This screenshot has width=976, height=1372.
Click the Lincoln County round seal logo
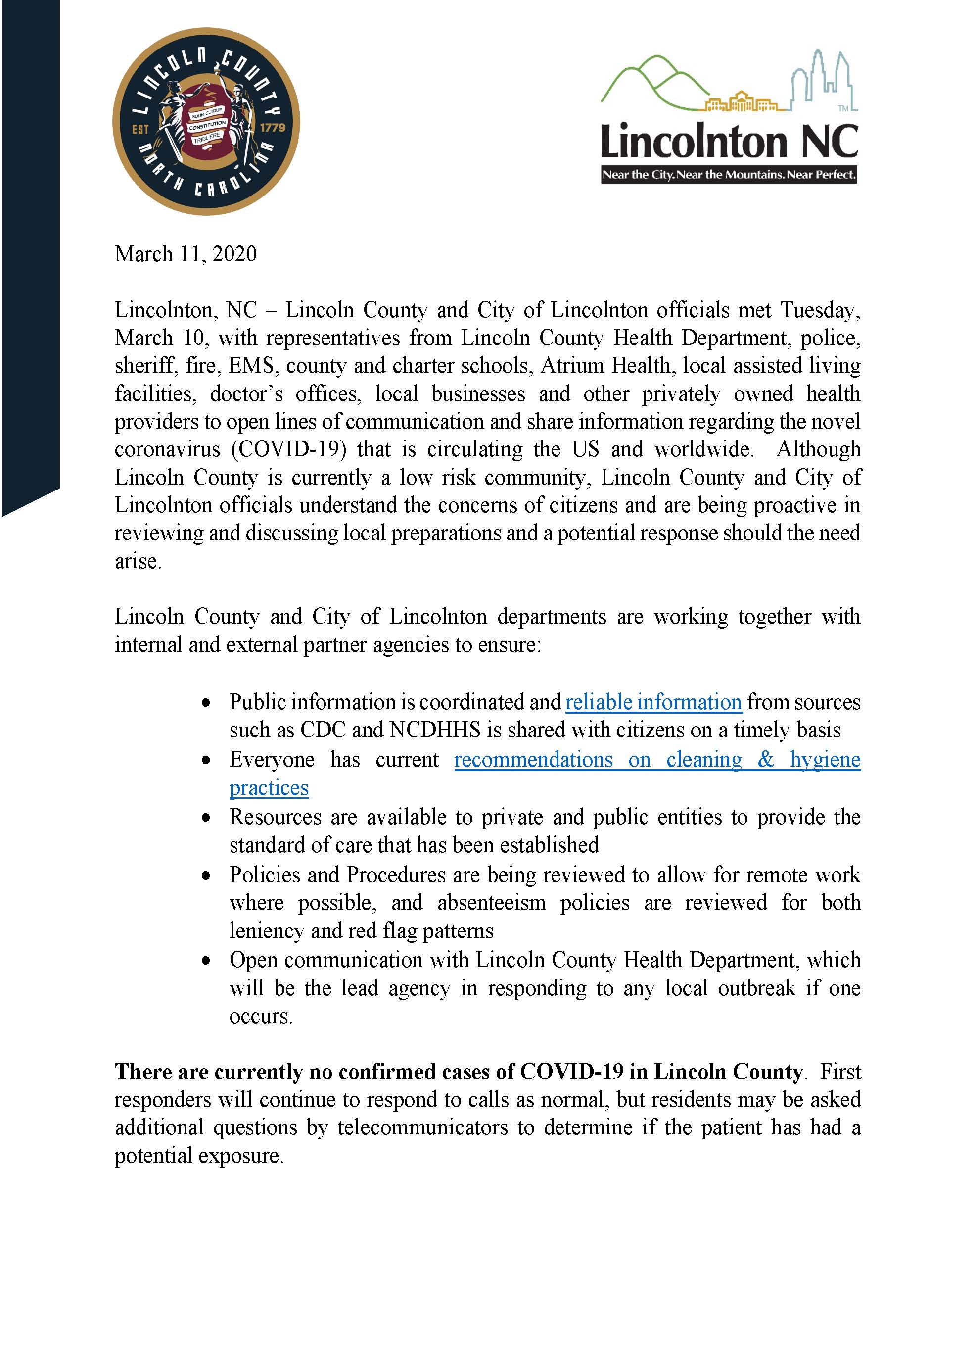click(206, 121)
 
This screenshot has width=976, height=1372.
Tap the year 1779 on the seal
click(272, 128)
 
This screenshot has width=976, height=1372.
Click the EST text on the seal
click(140, 129)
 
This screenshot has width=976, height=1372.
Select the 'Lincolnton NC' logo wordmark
click(729, 142)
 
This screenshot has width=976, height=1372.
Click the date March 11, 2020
click(186, 254)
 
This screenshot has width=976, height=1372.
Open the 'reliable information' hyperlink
click(654, 702)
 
